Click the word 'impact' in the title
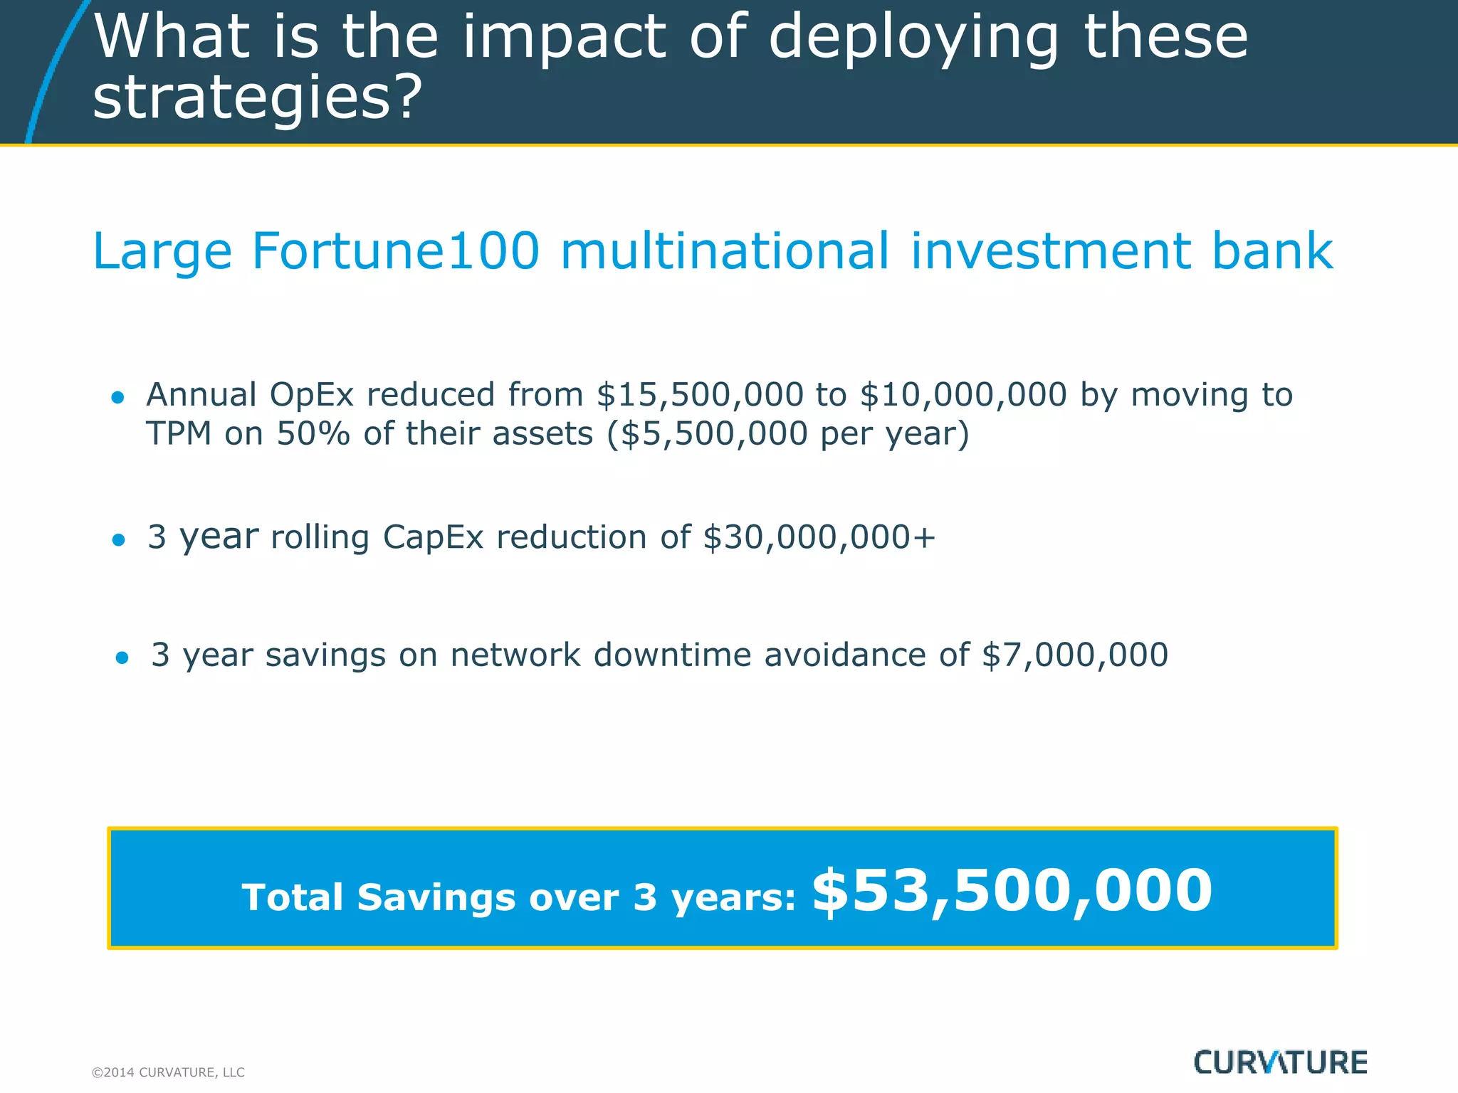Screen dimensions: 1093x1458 [x=566, y=39]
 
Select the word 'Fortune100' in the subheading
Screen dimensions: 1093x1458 [x=396, y=251]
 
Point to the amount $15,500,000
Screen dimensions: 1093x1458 [x=700, y=395]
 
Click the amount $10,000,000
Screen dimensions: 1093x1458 [x=963, y=395]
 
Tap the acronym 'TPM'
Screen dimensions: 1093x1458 [x=179, y=434]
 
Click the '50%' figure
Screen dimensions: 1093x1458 [x=313, y=434]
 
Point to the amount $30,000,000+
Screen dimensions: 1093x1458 [x=819, y=537]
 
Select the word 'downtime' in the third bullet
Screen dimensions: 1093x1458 [x=672, y=655]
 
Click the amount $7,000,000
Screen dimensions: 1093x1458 [x=1075, y=655]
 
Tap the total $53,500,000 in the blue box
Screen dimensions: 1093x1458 [x=1012, y=891]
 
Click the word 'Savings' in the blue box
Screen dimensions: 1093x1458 [x=436, y=897]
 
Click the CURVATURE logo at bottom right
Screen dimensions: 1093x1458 [x=1280, y=1062]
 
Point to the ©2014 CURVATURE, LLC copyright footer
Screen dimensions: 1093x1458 [x=168, y=1072]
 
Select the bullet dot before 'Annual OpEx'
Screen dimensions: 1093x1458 [x=118, y=398]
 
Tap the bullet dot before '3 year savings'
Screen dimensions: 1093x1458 [x=122, y=658]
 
